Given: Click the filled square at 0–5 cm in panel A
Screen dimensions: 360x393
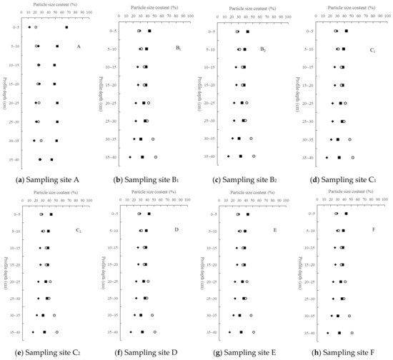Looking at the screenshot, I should click(66, 28).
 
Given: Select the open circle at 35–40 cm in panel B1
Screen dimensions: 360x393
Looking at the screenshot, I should click(156, 157).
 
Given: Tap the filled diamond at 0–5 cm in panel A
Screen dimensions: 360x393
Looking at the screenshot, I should click(29, 28).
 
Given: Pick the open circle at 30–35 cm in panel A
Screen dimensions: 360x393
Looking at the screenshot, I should click(41, 141).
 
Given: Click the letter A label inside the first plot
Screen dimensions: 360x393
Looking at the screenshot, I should click(77, 47).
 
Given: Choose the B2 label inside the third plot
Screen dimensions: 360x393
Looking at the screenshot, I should click(274, 50).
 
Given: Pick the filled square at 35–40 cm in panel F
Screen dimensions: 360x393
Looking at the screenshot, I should click(339, 332).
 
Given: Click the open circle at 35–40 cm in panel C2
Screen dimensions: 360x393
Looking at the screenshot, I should click(57, 332).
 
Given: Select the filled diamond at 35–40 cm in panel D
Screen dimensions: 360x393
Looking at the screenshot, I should click(130, 332).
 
